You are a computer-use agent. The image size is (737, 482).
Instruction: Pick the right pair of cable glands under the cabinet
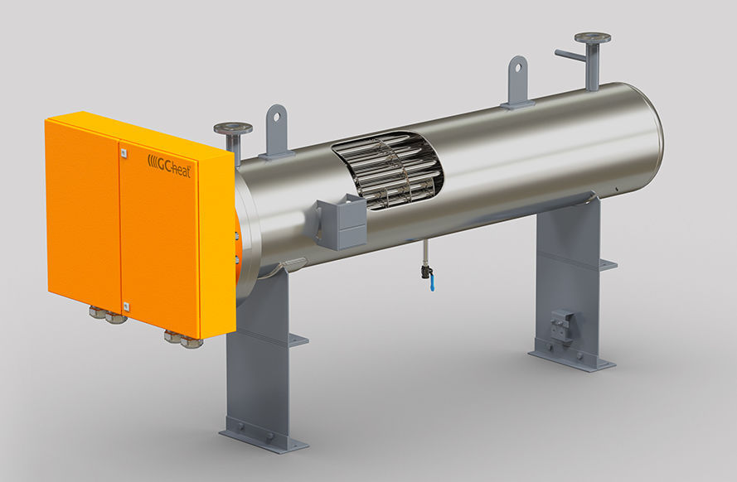pos(183,338)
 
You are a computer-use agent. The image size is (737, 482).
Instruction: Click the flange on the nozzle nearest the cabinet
pos(233,128)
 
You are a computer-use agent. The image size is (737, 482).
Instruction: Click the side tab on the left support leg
pos(298,340)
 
